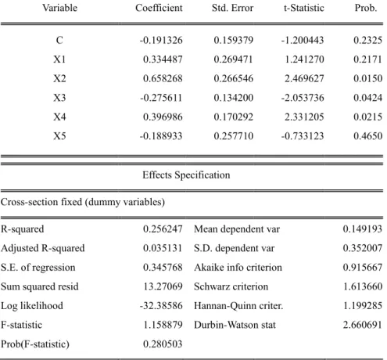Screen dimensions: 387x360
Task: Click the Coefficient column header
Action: coord(159,8)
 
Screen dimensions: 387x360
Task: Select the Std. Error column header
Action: coord(232,8)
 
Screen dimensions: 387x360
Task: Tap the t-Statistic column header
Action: coord(304,8)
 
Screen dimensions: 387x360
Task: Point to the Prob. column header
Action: coord(366,8)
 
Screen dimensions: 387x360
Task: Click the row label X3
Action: coord(59,98)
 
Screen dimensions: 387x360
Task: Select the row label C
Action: coord(59,40)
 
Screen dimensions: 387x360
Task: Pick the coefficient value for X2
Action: coord(163,78)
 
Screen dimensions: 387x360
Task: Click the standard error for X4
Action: coord(234,117)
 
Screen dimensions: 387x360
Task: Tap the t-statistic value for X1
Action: coord(304,59)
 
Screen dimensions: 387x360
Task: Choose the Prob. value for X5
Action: coord(368,136)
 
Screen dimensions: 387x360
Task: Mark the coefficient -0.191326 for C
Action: coord(161,40)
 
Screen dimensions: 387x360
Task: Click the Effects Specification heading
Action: coord(186,175)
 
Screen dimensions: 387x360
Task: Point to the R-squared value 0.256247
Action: coord(163,229)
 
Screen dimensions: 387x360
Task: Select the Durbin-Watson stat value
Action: coord(363,325)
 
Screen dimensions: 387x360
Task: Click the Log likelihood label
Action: coord(32,306)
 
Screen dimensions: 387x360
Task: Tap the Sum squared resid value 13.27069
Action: coord(163,286)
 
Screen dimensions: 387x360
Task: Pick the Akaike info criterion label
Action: coord(238,268)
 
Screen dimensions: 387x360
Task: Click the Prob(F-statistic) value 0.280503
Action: coord(163,344)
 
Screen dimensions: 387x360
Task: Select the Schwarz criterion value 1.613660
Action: coord(363,286)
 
